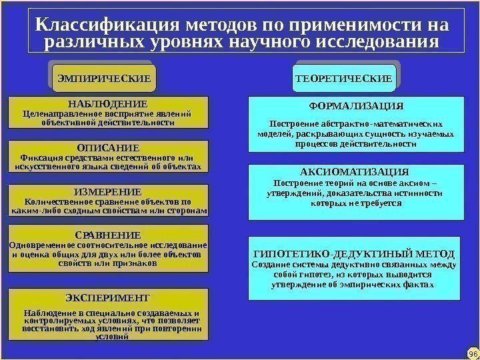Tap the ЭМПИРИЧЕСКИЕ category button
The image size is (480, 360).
(103, 79)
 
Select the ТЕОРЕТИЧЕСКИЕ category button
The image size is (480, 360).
(344, 79)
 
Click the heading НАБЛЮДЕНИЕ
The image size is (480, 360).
(107, 104)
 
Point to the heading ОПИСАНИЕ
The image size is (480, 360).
(107, 147)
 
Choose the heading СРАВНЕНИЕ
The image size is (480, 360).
(107, 235)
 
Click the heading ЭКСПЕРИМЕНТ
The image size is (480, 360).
(109, 297)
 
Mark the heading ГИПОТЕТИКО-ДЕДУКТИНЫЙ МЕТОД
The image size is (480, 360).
(355, 254)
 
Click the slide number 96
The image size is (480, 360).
(472, 351)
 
